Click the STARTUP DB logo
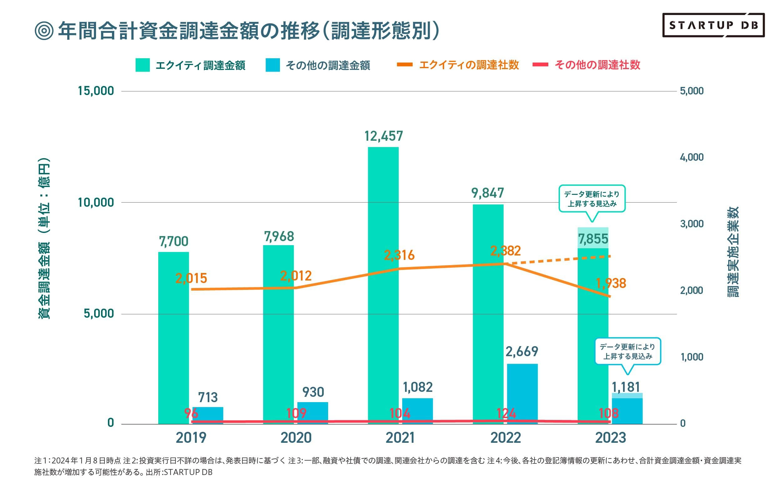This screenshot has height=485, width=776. tap(713, 25)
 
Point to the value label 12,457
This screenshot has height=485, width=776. tap(383, 136)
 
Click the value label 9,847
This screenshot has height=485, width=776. tap(488, 193)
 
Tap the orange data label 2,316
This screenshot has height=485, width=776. tap(399, 255)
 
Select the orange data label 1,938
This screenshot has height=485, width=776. tap(611, 283)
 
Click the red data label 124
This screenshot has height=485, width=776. tap(506, 413)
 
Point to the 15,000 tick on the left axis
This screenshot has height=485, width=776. tap(96, 91)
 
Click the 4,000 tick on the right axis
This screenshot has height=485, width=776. tap(692, 157)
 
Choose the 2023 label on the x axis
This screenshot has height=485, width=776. tap(611, 438)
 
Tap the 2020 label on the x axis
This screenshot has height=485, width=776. tap(296, 438)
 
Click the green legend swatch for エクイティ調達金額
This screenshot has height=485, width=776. tap(142, 65)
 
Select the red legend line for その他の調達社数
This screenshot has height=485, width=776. tap(540, 65)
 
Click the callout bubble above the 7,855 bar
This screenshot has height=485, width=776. tap(592, 199)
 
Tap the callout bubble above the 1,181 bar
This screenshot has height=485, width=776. tap(627, 351)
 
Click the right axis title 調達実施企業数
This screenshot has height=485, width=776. tap(733, 252)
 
